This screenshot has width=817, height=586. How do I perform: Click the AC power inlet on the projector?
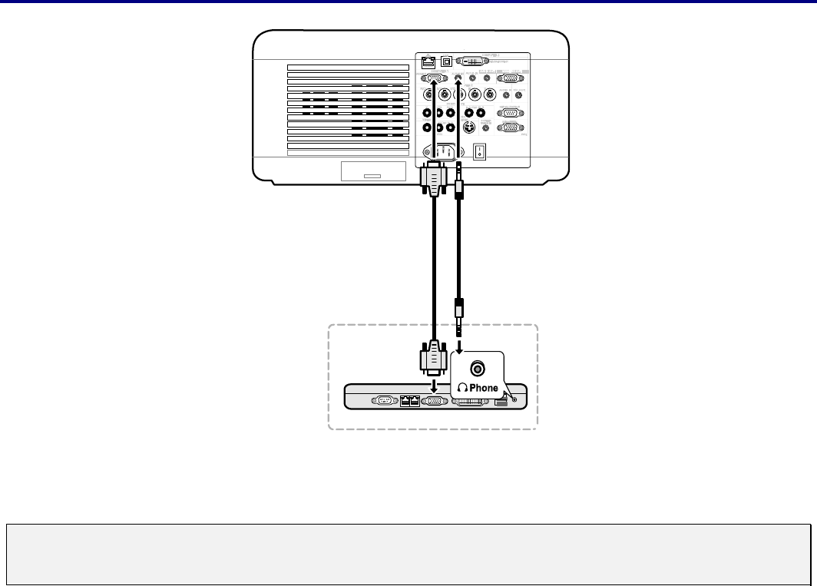442,151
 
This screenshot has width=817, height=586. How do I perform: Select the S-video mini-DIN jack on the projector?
467,127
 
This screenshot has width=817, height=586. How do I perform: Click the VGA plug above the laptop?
434,357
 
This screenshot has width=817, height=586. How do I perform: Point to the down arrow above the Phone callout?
459,343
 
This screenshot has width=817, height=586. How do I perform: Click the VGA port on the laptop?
434,400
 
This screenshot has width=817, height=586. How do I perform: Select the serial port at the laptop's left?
384,400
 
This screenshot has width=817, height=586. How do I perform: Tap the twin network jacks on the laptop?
411,400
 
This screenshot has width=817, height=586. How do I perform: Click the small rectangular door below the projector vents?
372,172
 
